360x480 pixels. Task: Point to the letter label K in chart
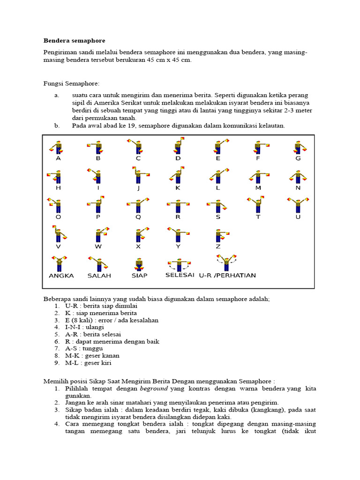tap(178, 188)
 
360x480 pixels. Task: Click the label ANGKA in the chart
tap(61, 276)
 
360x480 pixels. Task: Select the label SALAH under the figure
tap(99, 276)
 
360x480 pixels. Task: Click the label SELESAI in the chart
tap(180, 275)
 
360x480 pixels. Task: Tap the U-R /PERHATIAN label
tap(227, 275)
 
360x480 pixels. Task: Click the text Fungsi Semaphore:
tap(71, 83)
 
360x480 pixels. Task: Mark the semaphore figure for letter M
tap(257, 176)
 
